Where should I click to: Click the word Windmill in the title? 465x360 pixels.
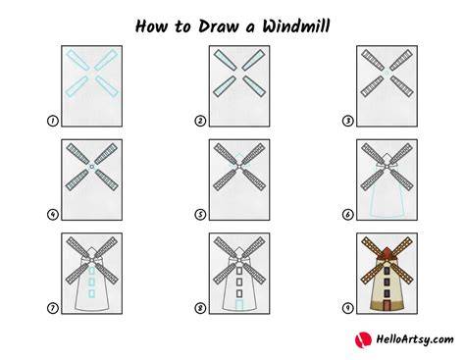point(296,26)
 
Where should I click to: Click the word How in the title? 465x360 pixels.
point(151,26)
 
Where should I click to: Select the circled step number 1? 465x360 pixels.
point(53,121)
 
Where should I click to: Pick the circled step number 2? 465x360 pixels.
point(200,121)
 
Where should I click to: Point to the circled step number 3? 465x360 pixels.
point(347,121)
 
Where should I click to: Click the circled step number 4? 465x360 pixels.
point(53,215)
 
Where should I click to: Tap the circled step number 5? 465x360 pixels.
point(200,215)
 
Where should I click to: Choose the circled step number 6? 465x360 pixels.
point(347,215)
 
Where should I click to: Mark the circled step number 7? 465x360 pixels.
point(53,308)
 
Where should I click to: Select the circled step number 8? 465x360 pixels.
point(200,308)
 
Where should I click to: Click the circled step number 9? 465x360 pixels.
point(347,308)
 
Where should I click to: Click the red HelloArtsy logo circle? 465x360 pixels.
point(363,339)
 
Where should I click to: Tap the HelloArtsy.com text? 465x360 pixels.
point(415,339)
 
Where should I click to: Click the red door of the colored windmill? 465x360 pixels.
point(387,305)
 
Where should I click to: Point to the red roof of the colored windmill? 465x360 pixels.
point(387,253)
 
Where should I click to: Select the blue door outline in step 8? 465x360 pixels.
point(239,305)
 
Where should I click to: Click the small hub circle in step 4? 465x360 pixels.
point(92,167)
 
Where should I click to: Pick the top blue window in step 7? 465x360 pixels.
point(92,271)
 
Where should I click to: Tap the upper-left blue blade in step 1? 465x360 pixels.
point(78,60)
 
